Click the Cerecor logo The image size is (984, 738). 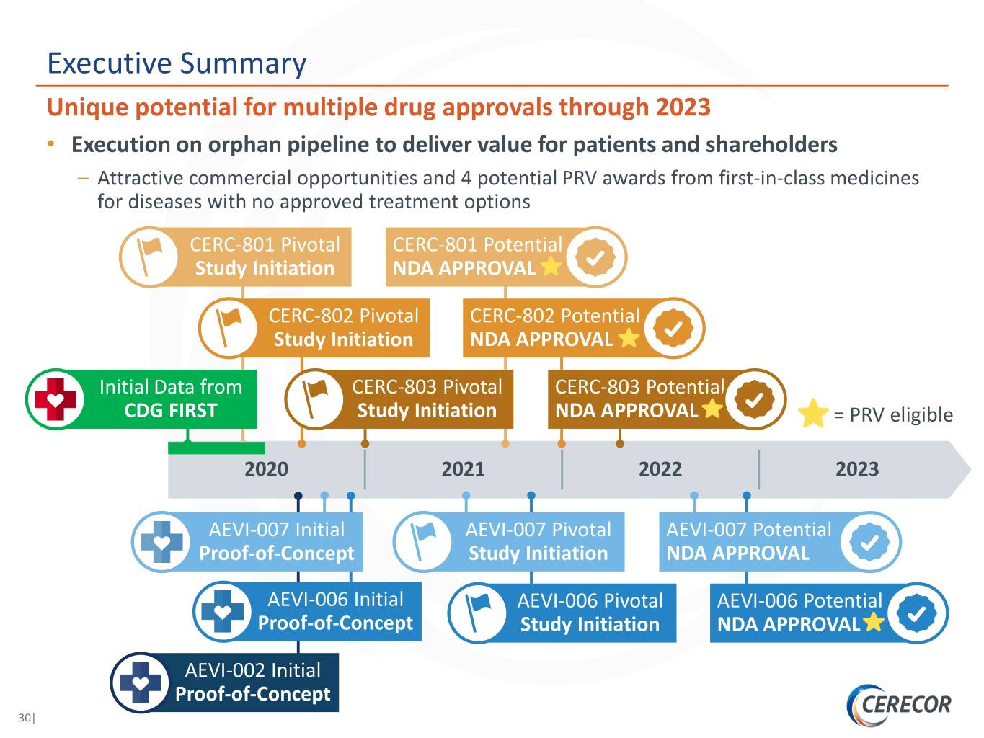[x=900, y=704]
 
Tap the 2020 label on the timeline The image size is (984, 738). [x=266, y=469]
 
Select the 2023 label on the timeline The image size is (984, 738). [x=856, y=469]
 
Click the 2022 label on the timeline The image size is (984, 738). [x=660, y=469]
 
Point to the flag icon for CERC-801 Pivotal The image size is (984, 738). [x=149, y=257]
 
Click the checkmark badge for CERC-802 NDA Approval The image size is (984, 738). [x=673, y=328]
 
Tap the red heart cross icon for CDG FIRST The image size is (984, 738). [x=56, y=399]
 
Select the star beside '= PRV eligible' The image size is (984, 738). [x=813, y=414]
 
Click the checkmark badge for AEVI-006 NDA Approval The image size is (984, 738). [x=917, y=613]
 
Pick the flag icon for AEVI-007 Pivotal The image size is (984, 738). [x=422, y=541]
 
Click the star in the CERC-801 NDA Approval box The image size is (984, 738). [x=551, y=267]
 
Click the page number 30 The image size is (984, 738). [x=26, y=718]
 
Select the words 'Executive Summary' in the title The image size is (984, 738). [x=177, y=63]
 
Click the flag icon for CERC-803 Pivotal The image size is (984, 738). [x=314, y=399]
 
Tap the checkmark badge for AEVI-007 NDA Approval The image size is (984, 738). [x=869, y=542]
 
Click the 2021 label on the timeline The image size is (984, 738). [x=463, y=469]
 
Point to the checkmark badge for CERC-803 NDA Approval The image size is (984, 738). [x=754, y=399]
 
